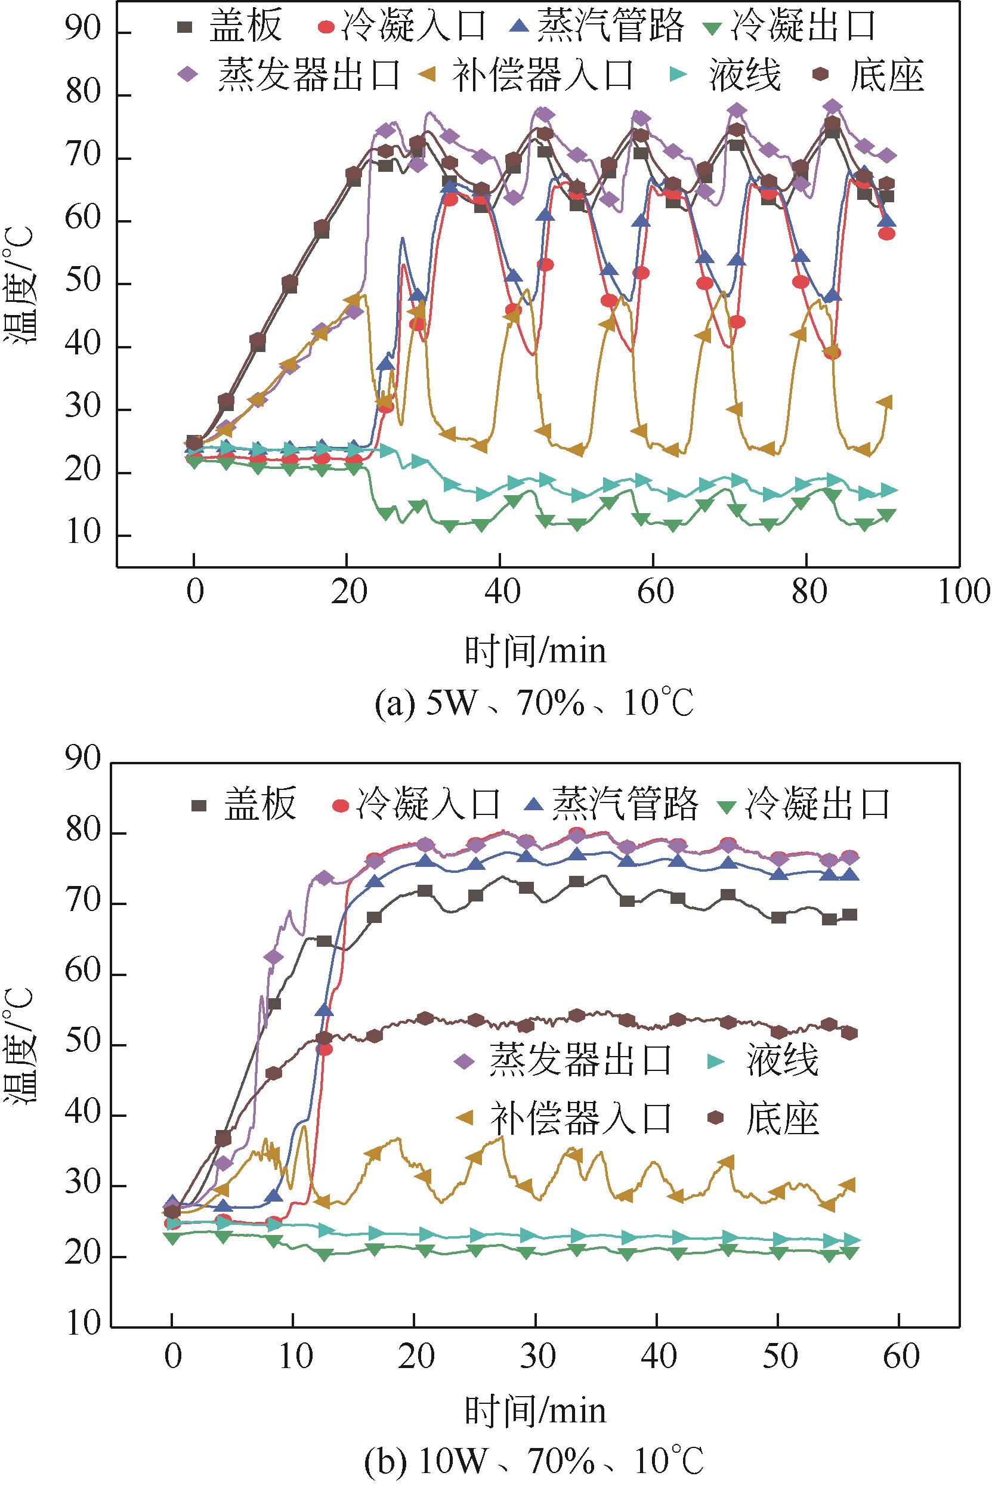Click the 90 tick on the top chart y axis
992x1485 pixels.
point(84,33)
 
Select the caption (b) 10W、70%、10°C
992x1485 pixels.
point(535,1458)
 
